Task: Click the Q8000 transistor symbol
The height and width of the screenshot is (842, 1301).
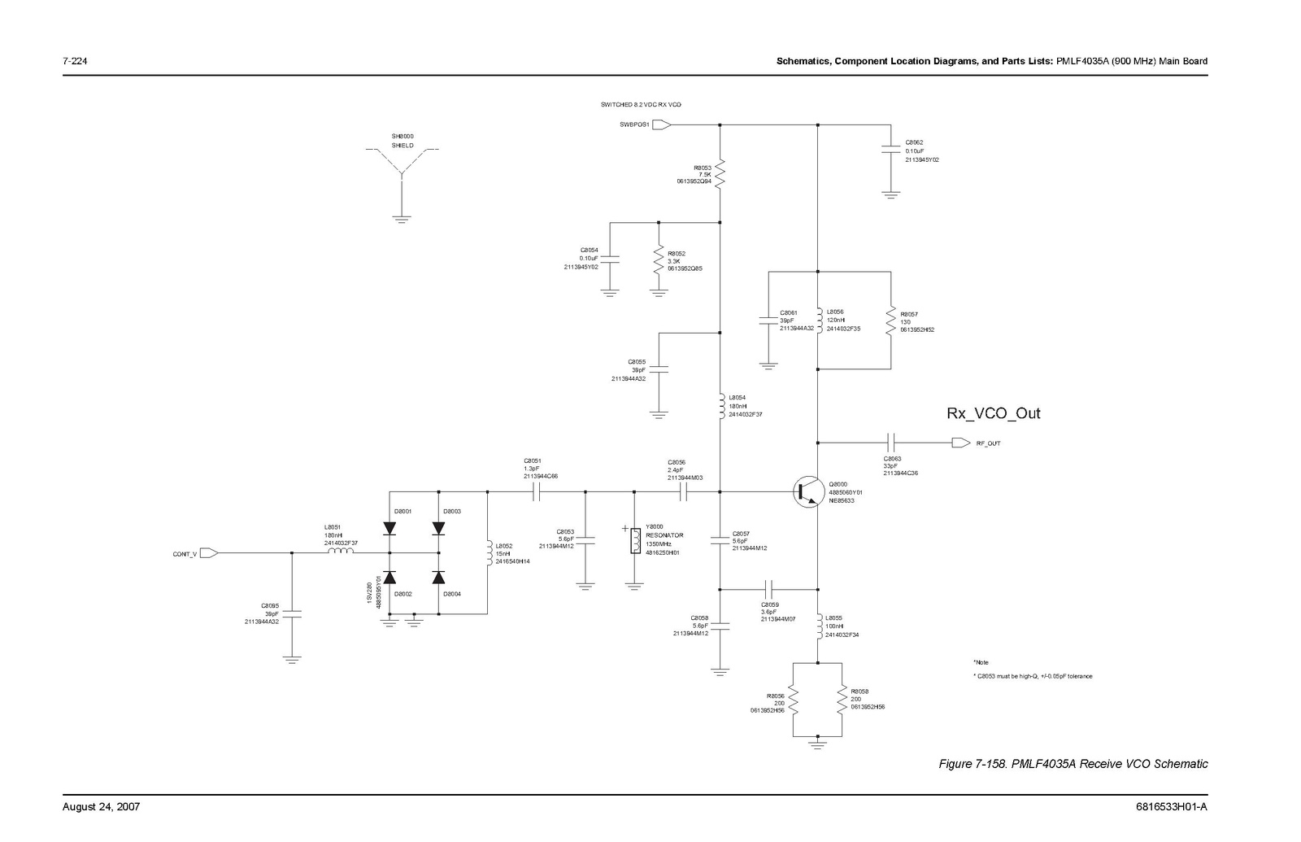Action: (x=809, y=491)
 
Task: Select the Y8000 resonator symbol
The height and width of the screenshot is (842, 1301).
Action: (x=635, y=541)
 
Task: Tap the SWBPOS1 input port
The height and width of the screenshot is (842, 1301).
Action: (x=661, y=125)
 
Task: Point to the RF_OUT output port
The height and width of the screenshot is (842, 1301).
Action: (x=960, y=443)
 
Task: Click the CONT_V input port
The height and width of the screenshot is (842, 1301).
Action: (x=208, y=553)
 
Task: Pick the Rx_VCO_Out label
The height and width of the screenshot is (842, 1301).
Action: (x=993, y=413)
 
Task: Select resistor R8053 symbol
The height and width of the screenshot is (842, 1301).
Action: (x=720, y=172)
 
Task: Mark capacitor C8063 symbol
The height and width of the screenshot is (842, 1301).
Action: (x=891, y=443)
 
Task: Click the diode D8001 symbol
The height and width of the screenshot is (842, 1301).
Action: (x=389, y=528)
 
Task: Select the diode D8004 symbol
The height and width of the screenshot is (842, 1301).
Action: (x=439, y=578)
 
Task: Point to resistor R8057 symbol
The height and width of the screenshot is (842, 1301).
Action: (x=891, y=321)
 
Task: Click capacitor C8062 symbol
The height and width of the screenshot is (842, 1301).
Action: (x=891, y=151)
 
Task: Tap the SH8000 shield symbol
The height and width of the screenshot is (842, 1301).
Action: (x=402, y=171)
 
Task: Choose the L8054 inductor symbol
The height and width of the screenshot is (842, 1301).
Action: (x=720, y=407)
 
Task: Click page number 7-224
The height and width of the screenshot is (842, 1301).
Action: (x=75, y=62)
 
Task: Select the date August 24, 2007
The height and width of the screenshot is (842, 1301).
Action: (x=102, y=807)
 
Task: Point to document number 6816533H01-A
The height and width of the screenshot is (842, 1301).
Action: (x=1171, y=807)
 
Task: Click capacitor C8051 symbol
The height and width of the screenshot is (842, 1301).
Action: (x=537, y=491)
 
